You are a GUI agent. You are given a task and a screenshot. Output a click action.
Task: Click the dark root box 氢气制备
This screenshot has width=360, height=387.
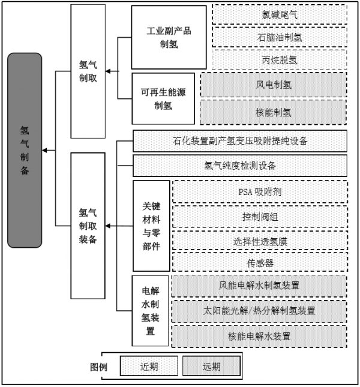coord(25,150)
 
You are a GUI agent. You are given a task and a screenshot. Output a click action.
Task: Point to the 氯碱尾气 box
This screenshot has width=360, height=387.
coord(279,13)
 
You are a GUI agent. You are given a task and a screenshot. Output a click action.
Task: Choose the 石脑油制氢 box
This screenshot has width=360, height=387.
coord(279,36)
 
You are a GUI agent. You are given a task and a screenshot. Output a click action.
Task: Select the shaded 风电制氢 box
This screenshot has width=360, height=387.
coord(274,85)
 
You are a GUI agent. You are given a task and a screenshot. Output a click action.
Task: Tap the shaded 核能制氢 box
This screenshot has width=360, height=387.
coord(274,112)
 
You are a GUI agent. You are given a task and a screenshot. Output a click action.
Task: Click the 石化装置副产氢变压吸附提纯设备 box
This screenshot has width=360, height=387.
coord(240,141)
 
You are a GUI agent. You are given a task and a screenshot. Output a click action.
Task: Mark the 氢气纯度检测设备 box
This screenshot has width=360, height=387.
coord(240,165)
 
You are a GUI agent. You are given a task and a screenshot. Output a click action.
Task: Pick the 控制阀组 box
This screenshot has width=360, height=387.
coord(260,217)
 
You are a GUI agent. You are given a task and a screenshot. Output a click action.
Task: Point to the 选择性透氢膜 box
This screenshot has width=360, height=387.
coord(260,241)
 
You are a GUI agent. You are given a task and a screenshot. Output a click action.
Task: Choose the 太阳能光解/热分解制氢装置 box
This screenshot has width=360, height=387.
coord(260,310)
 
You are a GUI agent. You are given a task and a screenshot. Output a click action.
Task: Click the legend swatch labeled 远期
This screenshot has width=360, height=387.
coord(211,366)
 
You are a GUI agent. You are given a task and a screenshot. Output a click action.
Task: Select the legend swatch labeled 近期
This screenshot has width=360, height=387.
coord(149,366)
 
